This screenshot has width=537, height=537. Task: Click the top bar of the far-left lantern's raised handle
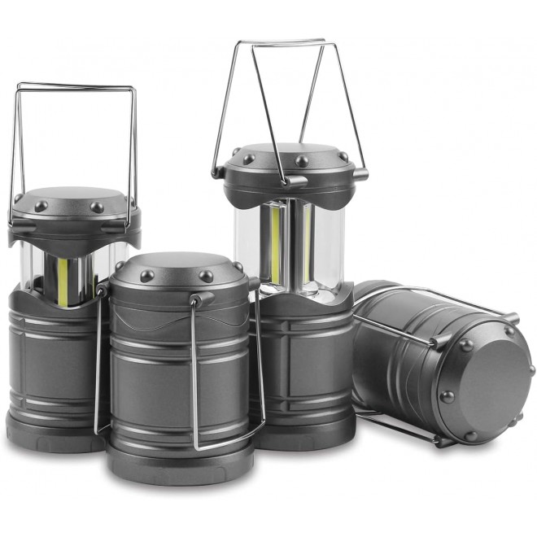pyautogui.click(x=75, y=86)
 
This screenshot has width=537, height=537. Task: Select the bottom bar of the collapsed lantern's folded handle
pyautogui.click(x=228, y=443)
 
